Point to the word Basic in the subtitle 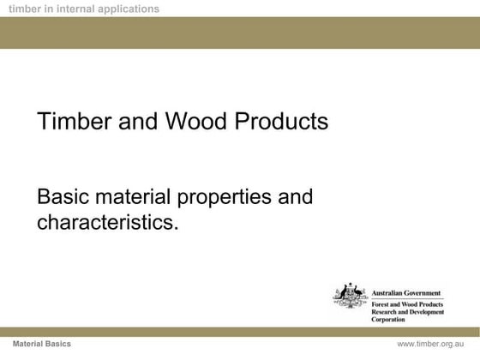pos(63,198)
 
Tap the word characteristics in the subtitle pos(108,225)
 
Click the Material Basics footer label pos(47,343)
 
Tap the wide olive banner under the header pos(240,32)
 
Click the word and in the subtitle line pos(294,198)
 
